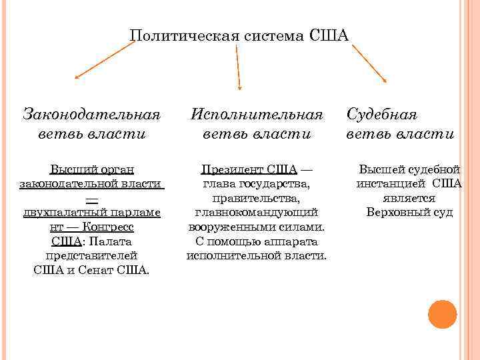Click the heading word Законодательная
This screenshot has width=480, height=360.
coord(92,113)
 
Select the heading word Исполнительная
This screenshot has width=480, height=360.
coord(257,113)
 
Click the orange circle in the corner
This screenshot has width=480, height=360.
coord(442,314)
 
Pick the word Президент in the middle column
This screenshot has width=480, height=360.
coord(231,169)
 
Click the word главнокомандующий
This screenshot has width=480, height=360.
coord(257,212)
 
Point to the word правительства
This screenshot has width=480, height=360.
coord(257,198)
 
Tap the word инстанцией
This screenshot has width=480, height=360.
coord(391,183)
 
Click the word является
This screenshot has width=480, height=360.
coord(409,198)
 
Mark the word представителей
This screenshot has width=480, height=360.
coord(92,255)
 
